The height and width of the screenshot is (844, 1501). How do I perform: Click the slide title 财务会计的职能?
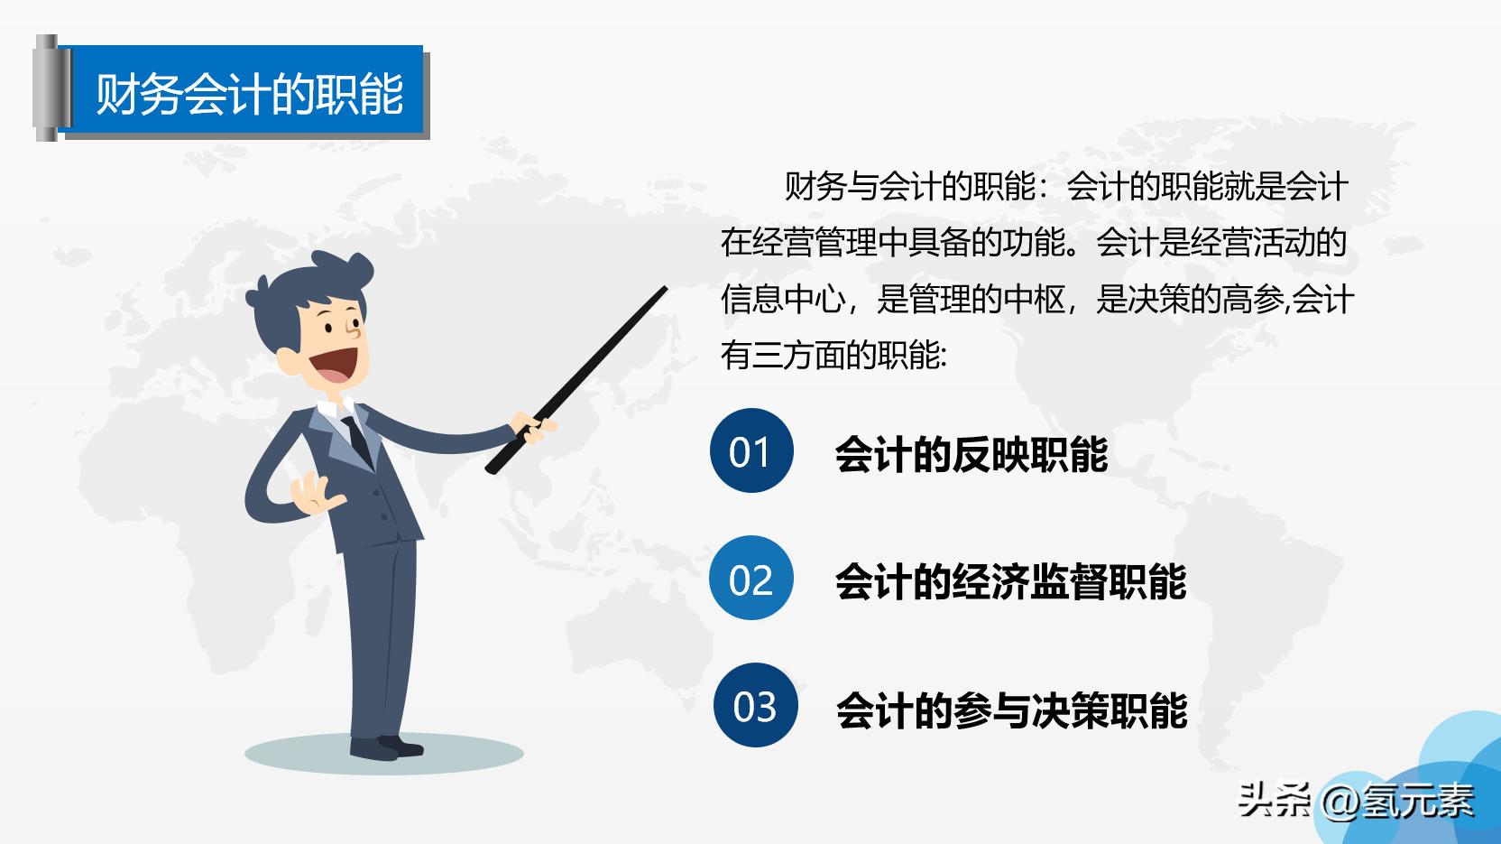[x=249, y=94]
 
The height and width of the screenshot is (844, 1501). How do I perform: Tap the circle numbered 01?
[x=751, y=451]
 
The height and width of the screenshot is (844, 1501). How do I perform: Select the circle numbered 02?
[x=751, y=579]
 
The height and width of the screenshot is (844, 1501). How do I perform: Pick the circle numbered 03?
[x=754, y=706]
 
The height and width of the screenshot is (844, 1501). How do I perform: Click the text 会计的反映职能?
[x=972, y=454]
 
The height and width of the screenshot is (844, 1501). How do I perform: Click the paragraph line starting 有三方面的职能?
[x=833, y=355]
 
